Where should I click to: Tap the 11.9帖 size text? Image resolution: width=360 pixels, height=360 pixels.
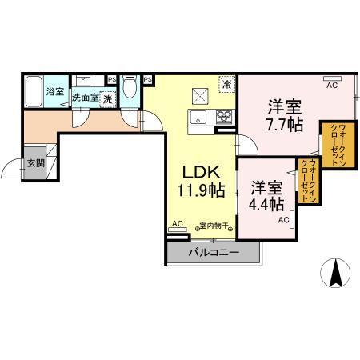coord(201,191)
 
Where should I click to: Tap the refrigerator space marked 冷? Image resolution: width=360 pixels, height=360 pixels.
coord(227,84)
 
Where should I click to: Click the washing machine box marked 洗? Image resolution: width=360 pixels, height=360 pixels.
coord(106,97)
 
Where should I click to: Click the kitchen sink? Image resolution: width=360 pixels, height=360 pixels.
coord(198,121)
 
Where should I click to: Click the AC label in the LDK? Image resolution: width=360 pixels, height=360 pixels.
coord(178,223)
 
